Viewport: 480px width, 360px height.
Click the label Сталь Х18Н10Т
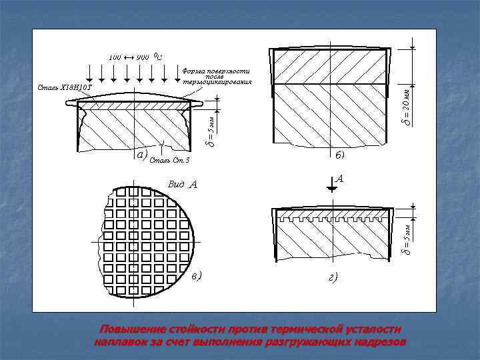[x=65, y=87]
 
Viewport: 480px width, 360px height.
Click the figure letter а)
[x=140, y=155]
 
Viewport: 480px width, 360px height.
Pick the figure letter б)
[x=340, y=155]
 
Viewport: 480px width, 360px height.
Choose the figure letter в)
[x=195, y=275]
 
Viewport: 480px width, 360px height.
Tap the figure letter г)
[x=332, y=277]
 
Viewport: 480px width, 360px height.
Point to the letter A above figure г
[x=340, y=179]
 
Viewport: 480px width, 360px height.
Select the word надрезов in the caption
[x=378, y=342]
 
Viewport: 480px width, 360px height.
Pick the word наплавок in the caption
[x=123, y=342]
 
